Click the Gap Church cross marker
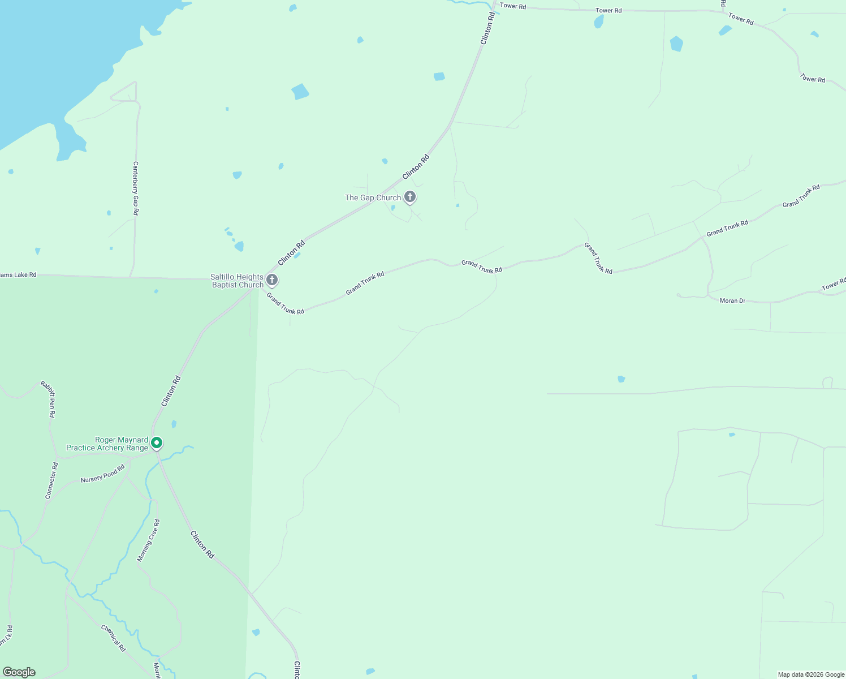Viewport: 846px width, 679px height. pyautogui.click(x=410, y=197)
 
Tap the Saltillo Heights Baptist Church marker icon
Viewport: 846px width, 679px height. pyautogui.click(x=272, y=280)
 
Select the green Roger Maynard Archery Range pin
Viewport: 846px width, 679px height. pyautogui.click(x=157, y=442)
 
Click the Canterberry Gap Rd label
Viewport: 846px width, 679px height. pyautogui.click(x=136, y=188)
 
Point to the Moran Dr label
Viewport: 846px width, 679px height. pyautogui.click(x=732, y=300)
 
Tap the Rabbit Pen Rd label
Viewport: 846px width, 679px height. pyautogui.click(x=48, y=399)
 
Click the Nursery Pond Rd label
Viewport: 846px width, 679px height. pyautogui.click(x=102, y=474)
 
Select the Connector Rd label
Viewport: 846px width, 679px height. pyautogui.click(x=51, y=480)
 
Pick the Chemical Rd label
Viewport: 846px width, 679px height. pyautogui.click(x=113, y=638)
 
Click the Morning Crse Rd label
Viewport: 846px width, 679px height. pyautogui.click(x=149, y=540)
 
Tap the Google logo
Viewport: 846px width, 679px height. pyautogui.click(x=19, y=672)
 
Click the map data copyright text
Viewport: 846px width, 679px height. pyautogui.click(x=811, y=674)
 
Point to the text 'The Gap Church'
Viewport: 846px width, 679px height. pyautogui.click(x=373, y=197)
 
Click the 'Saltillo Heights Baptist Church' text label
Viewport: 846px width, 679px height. pyautogui.click(x=237, y=281)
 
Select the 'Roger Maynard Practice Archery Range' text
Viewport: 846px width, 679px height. pyautogui.click(x=107, y=444)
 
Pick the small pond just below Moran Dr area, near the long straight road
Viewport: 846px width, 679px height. pyautogui.click(x=621, y=379)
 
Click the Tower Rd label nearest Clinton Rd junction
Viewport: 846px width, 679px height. pyautogui.click(x=513, y=6)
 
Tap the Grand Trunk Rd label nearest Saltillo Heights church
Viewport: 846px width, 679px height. pyautogui.click(x=286, y=303)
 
